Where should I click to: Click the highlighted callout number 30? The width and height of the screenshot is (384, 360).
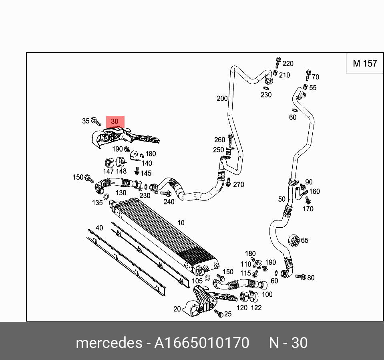[115, 121]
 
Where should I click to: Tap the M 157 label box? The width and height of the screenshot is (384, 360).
[365, 63]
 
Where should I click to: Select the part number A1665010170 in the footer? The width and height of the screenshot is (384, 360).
[202, 343]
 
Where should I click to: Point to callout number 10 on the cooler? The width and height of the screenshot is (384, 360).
[181, 223]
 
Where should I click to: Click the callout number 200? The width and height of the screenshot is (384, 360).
[222, 99]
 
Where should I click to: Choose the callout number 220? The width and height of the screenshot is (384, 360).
[288, 64]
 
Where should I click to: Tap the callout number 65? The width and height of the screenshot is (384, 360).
[305, 241]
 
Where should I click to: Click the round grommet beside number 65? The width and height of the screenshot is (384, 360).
[294, 241]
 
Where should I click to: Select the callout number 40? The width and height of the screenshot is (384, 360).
[99, 228]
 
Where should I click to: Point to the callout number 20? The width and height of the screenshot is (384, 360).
[177, 309]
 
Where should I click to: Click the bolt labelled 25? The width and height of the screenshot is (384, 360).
[219, 313]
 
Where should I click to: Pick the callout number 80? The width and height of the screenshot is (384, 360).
[311, 278]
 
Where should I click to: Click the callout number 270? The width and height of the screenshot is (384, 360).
[239, 185]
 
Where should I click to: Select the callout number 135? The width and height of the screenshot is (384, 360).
[97, 203]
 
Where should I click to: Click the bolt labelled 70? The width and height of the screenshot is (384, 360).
[308, 74]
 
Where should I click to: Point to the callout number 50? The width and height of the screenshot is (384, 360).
[282, 199]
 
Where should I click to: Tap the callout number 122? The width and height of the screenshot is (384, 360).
[256, 308]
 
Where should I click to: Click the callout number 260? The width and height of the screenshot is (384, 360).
[220, 140]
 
